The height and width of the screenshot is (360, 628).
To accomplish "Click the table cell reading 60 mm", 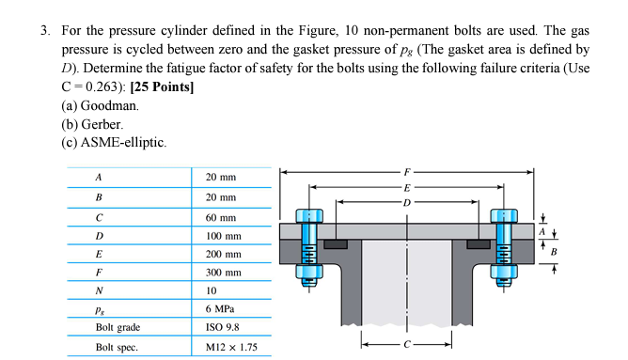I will (221, 216).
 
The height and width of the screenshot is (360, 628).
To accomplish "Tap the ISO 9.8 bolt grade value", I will (223, 327).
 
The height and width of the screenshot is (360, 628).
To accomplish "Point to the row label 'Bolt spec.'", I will (118, 348).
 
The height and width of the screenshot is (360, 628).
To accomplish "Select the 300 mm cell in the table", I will (223, 273).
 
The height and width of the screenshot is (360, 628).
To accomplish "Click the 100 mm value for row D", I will (223, 236).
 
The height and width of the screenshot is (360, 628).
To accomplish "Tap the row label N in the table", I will (99, 290).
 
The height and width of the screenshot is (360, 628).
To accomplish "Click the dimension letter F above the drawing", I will (407, 172).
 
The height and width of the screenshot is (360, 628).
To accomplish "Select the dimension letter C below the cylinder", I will (407, 344).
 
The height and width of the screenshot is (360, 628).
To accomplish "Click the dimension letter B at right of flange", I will (554, 252).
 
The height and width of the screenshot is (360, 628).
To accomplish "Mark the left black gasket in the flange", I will (336, 244).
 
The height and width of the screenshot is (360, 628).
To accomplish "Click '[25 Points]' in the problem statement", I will (164, 87).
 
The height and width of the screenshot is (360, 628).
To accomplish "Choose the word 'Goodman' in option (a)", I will (108, 106).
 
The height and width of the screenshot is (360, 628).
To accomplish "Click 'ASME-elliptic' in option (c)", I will (125, 142).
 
